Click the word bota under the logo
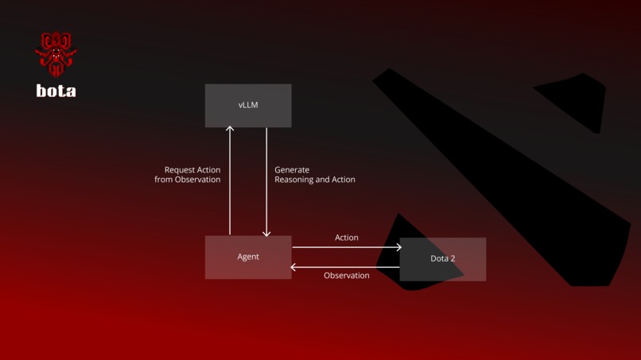56,91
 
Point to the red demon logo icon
56,53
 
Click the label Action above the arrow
347,238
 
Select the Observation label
347,276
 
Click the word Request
181,170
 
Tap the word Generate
292,170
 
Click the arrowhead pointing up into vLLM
230,129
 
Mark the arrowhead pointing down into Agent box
266,233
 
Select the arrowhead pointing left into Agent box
294,267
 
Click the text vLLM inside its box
248,105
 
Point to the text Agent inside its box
248,257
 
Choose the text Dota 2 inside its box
443,258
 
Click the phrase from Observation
188,180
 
